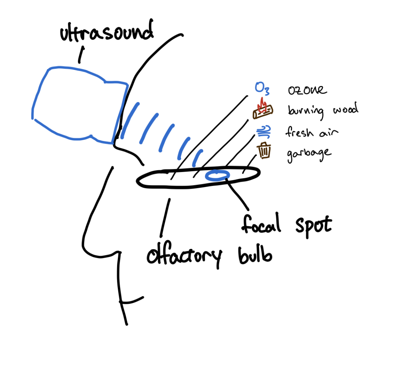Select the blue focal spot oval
click(218, 176)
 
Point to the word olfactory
click(184, 255)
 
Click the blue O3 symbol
click(262, 89)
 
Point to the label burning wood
click(323, 110)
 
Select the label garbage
click(308, 152)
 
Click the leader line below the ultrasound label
click(81, 55)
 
